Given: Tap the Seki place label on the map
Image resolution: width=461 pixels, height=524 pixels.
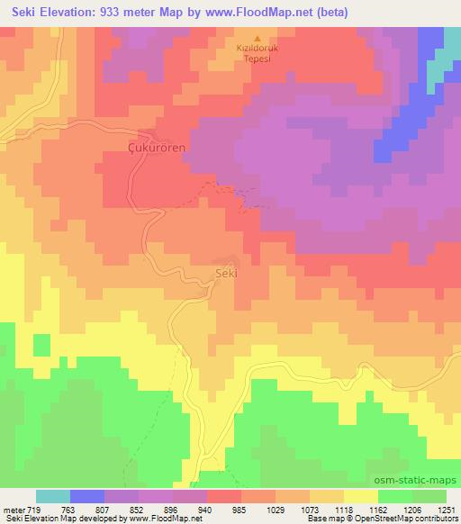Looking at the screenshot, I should pyautogui.click(x=225, y=272).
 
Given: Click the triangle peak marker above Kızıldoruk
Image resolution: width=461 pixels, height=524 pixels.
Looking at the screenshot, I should pyautogui.click(x=258, y=39).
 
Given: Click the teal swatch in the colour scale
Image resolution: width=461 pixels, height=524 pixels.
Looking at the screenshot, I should pyautogui.click(x=52, y=496).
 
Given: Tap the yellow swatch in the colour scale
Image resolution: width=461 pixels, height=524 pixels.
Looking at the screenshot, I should pyautogui.click(x=361, y=496).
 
